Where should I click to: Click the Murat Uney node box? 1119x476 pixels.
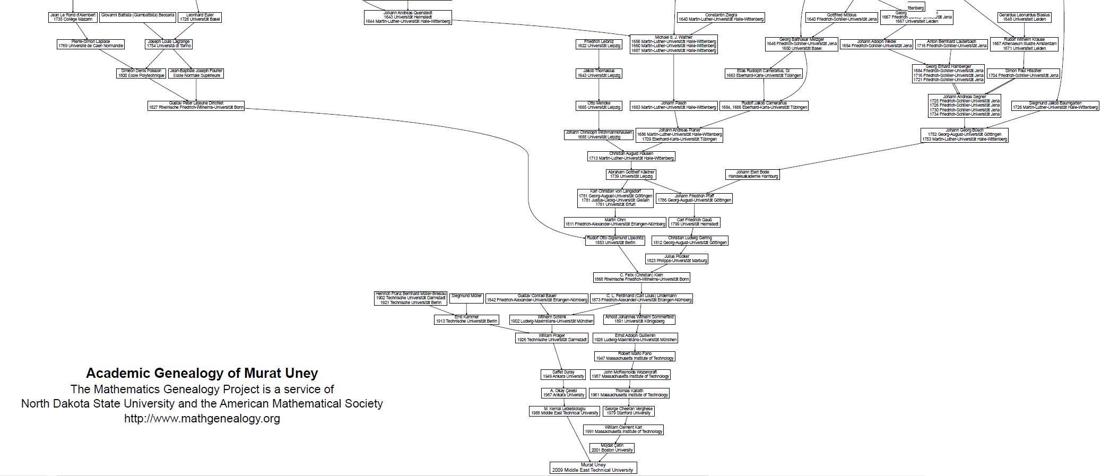pos(593,468)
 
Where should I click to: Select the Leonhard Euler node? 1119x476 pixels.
pos(199,18)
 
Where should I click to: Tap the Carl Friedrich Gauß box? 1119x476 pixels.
pos(694,222)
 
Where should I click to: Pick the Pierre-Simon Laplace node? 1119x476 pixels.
pos(91,44)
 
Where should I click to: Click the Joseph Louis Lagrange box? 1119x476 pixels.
pos(169,44)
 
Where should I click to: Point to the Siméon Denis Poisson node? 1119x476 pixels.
pos(141,73)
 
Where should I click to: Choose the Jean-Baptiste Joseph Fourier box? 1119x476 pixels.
pos(196,73)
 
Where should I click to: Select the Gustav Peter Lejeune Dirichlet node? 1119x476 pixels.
pos(196,106)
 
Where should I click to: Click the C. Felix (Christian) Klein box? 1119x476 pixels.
pos(641,277)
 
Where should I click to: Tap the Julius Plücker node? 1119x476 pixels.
pos(676,259)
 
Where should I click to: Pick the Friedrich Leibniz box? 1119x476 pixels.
pos(599,44)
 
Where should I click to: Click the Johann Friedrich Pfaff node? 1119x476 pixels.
pos(694,198)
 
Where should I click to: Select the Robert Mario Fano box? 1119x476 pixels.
pos(635,356)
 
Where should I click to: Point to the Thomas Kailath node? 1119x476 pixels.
pos(629,393)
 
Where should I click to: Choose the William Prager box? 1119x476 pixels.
pos(552,338)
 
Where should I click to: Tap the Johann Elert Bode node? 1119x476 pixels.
pos(752,175)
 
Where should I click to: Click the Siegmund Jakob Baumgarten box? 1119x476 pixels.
pos(1055,106)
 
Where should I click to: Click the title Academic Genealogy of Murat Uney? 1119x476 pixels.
pos(202,373)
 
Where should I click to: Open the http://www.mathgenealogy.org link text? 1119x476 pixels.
pos(202,418)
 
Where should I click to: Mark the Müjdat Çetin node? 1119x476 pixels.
pos(612,448)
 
